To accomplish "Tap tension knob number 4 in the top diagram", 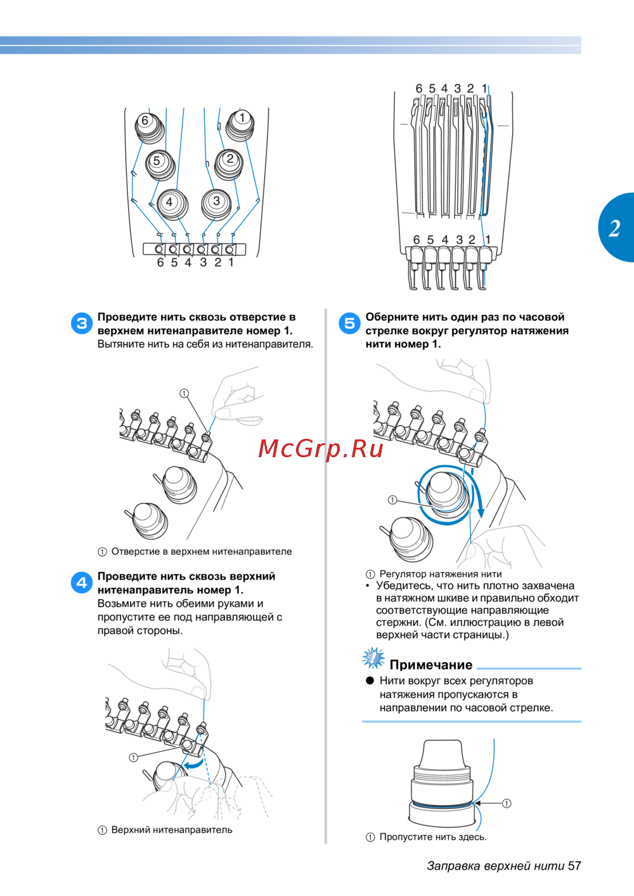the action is coord(172,204).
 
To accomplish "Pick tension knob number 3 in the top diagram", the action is coord(216,204).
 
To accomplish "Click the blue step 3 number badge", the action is coord(82,323).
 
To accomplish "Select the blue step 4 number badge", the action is coord(82,582).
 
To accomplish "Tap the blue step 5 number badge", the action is coord(349,323).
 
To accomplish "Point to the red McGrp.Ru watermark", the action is coord(321,449).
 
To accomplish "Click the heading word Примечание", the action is coord(430,665).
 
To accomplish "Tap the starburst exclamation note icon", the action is coord(373,658).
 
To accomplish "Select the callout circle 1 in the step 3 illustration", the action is coord(184,394).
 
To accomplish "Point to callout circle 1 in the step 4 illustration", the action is coord(133,757).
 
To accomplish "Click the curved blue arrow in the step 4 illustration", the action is coord(192,765).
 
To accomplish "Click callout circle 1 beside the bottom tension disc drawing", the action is coord(507,803).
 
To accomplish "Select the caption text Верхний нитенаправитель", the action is coord(172,829).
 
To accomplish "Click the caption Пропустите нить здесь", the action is coord(433,837).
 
